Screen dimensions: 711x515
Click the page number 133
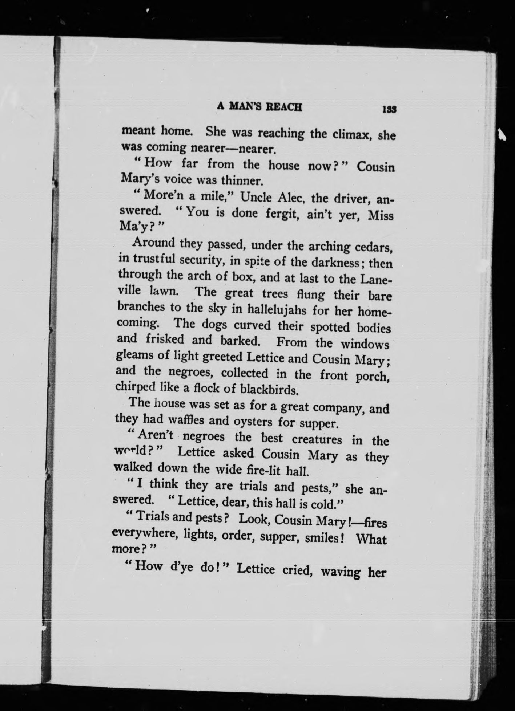pos(389,109)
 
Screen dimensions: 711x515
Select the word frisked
pos(165,340)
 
